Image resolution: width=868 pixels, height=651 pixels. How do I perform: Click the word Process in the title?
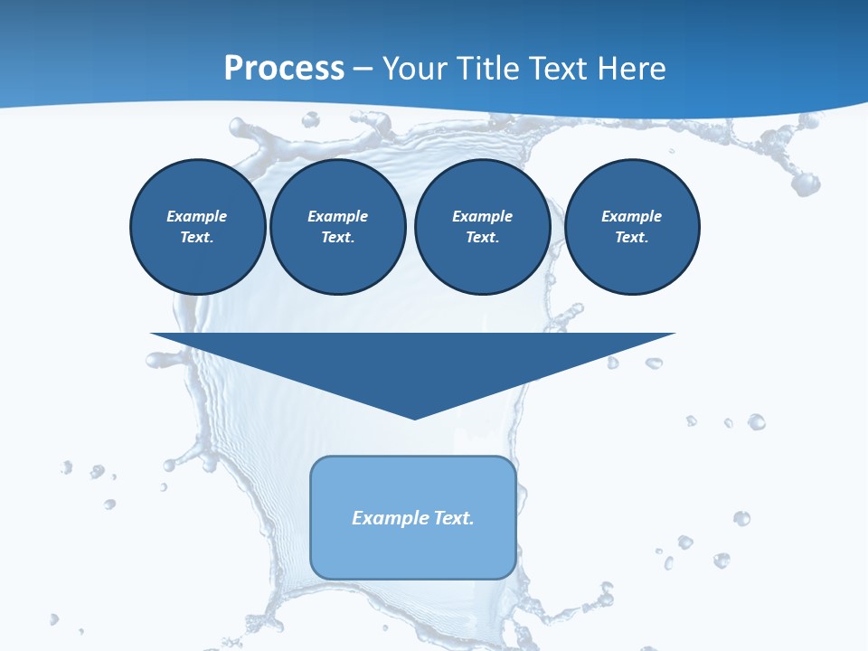(284, 68)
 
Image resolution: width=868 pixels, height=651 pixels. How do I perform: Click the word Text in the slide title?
(558, 68)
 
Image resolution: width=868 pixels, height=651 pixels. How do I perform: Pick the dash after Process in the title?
(363, 69)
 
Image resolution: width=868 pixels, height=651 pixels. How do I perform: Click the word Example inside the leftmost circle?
(196, 216)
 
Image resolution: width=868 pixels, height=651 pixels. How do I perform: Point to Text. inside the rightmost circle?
(631, 237)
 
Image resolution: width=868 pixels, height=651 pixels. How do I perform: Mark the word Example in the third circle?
(482, 216)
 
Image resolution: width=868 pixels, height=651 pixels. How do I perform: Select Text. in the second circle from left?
(337, 237)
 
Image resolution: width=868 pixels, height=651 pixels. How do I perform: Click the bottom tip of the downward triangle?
(414, 418)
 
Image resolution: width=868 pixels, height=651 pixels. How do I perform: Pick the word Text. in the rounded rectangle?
(454, 518)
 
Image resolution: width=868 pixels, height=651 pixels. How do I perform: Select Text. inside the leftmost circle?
(196, 237)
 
